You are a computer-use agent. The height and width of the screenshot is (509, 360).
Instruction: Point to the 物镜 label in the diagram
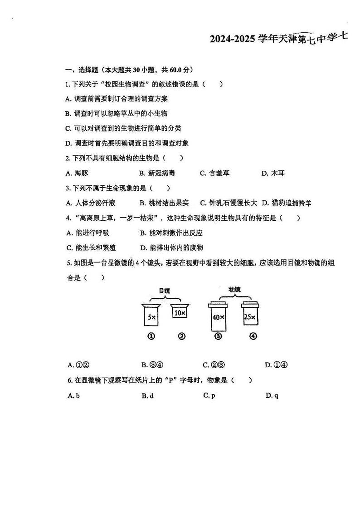click(x=234, y=289)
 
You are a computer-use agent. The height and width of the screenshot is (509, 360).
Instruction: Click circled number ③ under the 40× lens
click(x=218, y=336)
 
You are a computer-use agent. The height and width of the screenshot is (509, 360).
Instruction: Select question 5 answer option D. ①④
click(x=277, y=365)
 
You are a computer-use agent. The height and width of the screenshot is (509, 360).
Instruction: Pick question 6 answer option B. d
click(x=148, y=396)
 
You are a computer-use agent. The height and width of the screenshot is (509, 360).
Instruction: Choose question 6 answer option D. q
click(x=272, y=396)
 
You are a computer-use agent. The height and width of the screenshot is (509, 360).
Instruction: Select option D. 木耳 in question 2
click(x=273, y=173)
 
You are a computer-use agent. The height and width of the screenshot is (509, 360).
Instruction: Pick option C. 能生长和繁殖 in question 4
click(x=90, y=247)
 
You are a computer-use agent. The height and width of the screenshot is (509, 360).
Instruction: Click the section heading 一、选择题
click(x=79, y=70)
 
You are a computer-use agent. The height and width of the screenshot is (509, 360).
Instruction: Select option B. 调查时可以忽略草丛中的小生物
click(x=117, y=113)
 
